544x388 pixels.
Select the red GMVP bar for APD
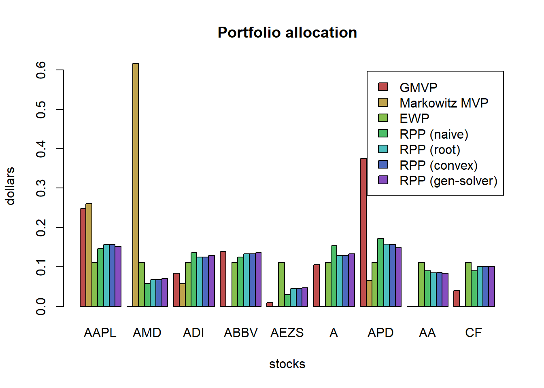pos(363,232)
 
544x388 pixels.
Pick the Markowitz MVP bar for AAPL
pos(89,255)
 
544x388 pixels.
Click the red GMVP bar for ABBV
pos(223,279)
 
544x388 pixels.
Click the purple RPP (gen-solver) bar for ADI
pos(211,281)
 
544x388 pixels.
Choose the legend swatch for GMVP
pos(383,87)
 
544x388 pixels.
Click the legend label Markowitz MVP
pos(444,103)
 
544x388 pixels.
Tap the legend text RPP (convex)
pos(438,165)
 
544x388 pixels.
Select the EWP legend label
pos(414,118)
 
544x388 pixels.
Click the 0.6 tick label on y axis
pos(41,70)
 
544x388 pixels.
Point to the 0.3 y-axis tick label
pos(41,188)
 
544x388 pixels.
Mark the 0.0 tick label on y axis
pos(41,306)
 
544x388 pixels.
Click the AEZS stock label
pos(287,333)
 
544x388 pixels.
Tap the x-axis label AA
pos(427,333)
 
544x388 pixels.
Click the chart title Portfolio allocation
pos(287,33)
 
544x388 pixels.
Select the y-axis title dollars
pos(10,186)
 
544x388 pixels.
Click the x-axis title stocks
pos(287,364)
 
